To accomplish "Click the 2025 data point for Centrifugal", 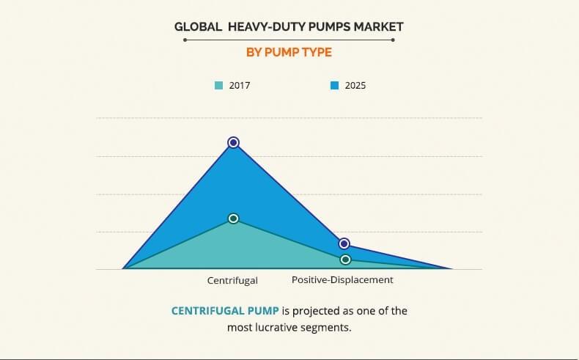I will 233,142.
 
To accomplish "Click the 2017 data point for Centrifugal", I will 233,218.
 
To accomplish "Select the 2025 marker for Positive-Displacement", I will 344,243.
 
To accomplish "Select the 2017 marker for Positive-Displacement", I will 345,260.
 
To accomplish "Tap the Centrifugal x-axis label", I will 232,280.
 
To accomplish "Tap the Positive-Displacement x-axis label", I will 342,280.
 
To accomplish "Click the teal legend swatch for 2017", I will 218,86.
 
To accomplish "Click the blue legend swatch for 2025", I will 334,86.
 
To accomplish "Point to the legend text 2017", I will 240,86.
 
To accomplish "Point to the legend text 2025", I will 355,86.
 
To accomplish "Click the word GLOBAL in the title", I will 197,27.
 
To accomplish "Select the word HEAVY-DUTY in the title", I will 262,27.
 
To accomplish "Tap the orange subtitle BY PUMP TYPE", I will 289,52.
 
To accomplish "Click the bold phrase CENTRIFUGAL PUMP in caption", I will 225,311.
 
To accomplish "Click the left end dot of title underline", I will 185,40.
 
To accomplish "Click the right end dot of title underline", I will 394,40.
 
